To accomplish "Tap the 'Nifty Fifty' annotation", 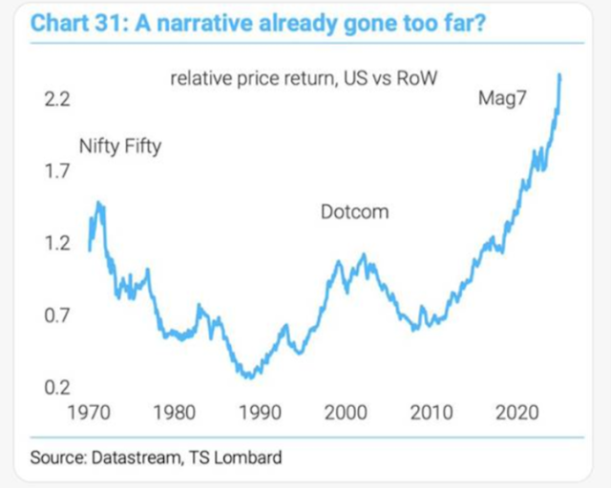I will coord(119,147).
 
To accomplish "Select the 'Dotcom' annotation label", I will coord(354,212).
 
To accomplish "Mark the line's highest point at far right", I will coord(558,74).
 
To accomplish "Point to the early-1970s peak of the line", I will coord(98,202).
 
